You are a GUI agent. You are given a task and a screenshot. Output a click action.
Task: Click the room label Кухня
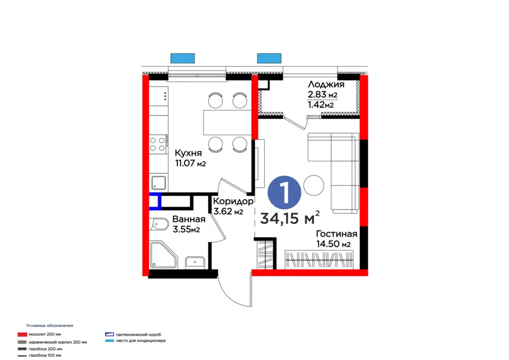(x=186, y=153)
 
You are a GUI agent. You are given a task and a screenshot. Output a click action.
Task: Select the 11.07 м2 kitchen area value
(x=189, y=164)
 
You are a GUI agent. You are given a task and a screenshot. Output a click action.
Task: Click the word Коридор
(x=233, y=201)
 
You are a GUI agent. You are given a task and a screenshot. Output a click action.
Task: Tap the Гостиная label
(x=336, y=234)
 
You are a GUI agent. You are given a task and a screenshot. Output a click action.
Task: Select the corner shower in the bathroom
(x=163, y=256)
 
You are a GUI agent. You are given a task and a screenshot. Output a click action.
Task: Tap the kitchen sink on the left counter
(x=159, y=183)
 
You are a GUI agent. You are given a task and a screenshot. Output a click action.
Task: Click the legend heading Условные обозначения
(x=50, y=325)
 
